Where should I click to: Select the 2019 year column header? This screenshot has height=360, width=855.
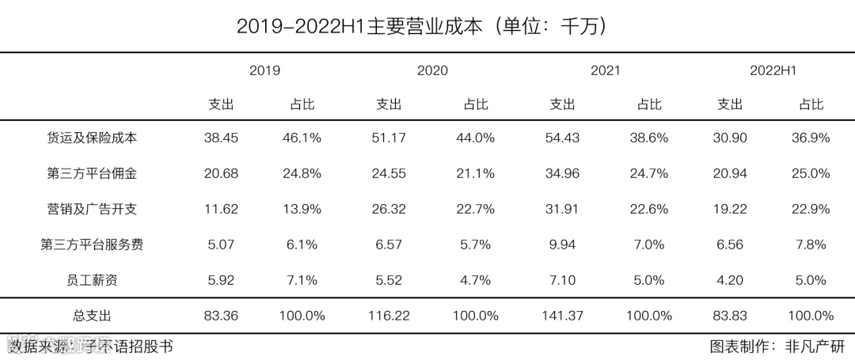pos(264,70)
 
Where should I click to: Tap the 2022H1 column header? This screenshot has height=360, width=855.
pos(772,70)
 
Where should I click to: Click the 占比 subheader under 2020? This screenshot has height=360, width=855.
pos(475,104)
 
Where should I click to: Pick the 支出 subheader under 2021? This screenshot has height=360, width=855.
pos(562,104)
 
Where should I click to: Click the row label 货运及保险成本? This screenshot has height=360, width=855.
pos(92,138)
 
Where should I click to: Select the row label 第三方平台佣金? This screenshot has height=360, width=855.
pos(92,173)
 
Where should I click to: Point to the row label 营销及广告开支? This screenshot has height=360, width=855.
pos(92,209)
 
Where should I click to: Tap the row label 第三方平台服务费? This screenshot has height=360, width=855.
pos(92,244)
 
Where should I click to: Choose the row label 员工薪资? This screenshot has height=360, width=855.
pos(92,280)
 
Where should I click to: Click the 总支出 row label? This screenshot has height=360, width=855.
pos(92,316)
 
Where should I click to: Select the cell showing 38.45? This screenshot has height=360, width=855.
pos(221,138)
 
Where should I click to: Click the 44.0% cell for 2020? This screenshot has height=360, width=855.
pos(475,138)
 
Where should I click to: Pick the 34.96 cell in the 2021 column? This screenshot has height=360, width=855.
pos(562,173)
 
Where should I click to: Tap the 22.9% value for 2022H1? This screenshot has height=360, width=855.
pos(811,209)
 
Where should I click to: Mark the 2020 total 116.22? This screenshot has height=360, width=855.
pos(389,316)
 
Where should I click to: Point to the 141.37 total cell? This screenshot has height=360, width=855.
pos(562,316)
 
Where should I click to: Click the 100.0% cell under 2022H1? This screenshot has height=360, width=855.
pos(811,316)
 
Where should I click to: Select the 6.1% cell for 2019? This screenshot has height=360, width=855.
pos(302,244)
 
